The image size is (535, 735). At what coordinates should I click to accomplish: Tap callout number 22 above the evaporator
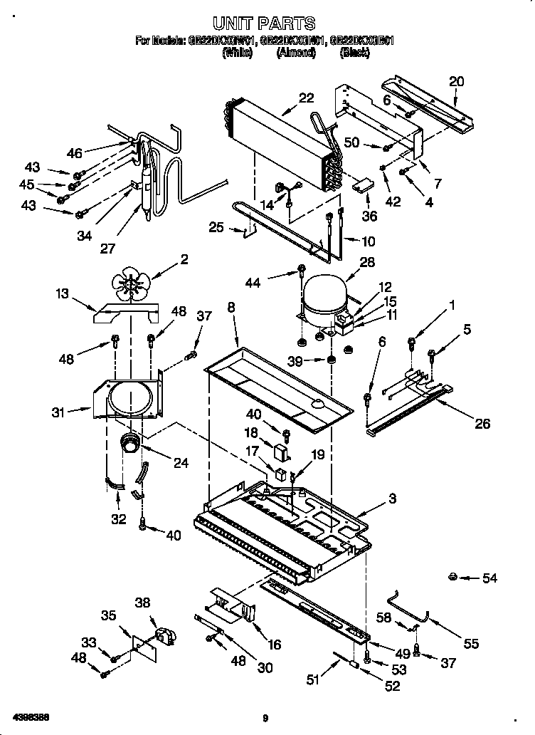(x=306, y=98)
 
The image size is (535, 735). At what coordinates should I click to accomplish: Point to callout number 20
(x=456, y=81)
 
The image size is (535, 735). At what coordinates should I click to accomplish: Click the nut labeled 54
(x=452, y=576)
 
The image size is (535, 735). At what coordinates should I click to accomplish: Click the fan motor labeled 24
(x=131, y=444)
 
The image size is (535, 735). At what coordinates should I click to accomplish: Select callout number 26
(x=482, y=423)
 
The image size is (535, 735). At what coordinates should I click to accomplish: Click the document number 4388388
(x=29, y=715)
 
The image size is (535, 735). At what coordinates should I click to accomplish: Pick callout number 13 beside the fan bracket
(x=63, y=294)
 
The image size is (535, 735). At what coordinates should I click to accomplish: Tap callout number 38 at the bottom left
(x=143, y=603)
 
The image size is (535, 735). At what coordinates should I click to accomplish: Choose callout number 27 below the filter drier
(x=108, y=248)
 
